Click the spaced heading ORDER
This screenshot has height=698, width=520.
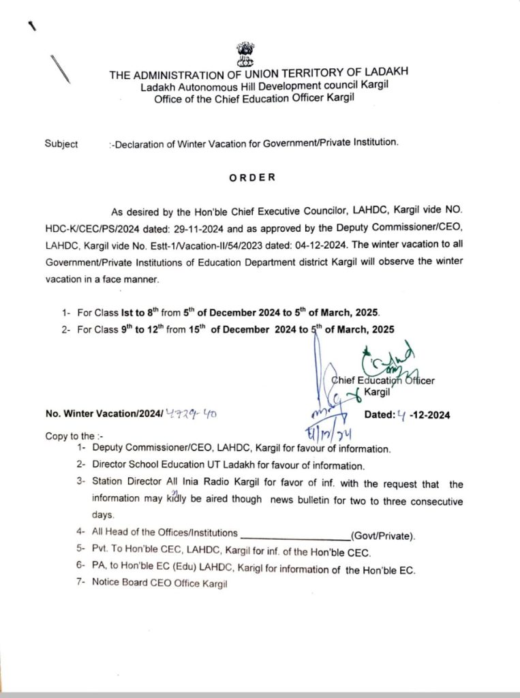point(252,177)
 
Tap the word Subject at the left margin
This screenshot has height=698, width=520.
point(61,144)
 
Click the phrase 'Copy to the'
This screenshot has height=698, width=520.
point(70,436)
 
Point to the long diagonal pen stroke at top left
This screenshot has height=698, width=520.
point(60,68)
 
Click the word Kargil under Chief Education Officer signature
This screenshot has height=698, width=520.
point(378,393)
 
